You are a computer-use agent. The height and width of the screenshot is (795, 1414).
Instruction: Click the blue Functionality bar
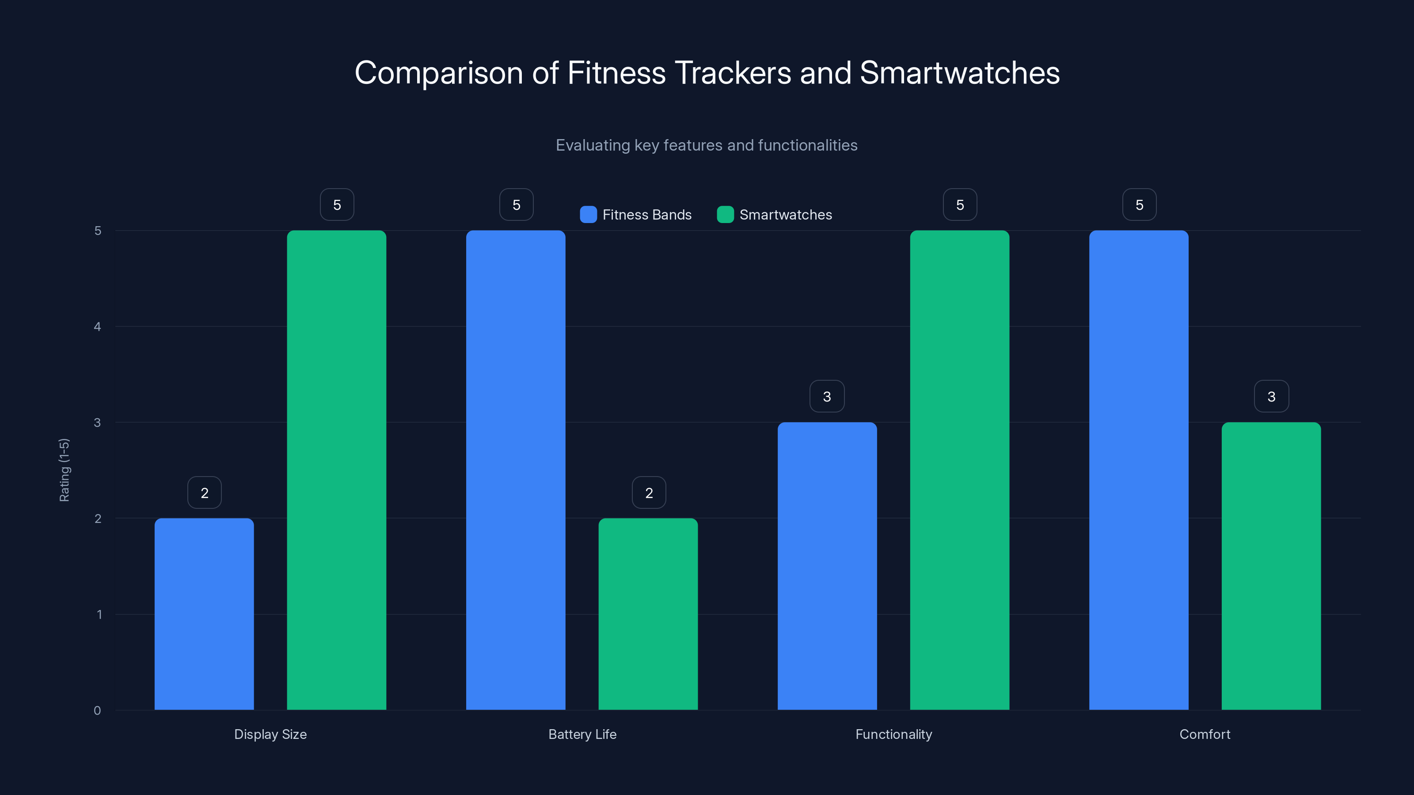(x=827, y=565)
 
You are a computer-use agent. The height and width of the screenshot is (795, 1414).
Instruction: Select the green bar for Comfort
(x=1271, y=565)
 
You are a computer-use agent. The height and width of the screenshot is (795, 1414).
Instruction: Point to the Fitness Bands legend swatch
(x=588, y=215)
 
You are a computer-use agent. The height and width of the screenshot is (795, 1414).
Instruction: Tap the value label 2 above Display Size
(x=204, y=493)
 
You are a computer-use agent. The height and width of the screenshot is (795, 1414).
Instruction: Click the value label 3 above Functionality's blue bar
(x=827, y=396)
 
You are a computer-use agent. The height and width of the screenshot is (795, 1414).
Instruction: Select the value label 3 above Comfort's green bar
(x=1271, y=396)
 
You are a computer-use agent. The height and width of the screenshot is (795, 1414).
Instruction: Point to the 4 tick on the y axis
(x=97, y=327)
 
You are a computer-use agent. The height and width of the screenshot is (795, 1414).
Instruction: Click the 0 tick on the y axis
(x=97, y=711)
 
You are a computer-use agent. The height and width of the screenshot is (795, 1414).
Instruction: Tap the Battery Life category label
(x=582, y=734)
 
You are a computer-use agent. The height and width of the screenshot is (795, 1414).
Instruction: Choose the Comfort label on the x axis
(x=1204, y=734)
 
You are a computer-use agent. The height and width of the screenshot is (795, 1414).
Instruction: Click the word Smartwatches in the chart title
(x=959, y=73)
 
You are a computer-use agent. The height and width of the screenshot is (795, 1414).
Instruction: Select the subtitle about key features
(x=707, y=145)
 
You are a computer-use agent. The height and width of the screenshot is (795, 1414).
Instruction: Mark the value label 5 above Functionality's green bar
(x=959, y=204)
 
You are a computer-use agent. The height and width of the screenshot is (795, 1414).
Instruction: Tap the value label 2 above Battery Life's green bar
(x=648, y=493)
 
